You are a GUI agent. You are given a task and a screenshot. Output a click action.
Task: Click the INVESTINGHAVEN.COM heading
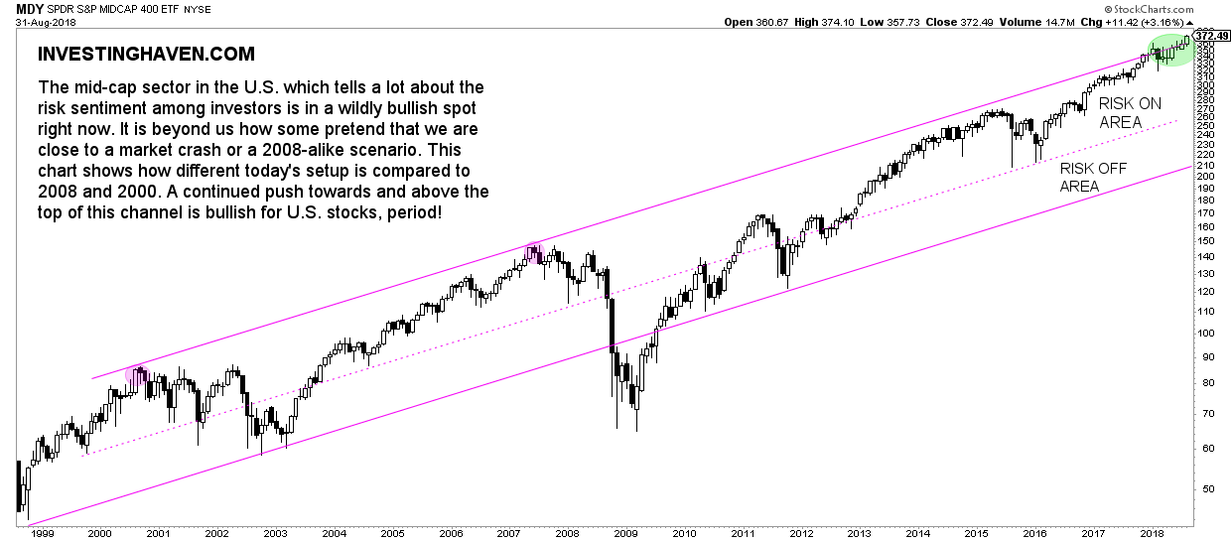coord(145,54)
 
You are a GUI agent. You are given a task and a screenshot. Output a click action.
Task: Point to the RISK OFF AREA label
coord(1093,178)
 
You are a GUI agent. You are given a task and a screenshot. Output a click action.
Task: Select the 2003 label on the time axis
coord(274,533)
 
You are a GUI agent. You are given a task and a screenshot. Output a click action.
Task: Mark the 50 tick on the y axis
coord(1204,488)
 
